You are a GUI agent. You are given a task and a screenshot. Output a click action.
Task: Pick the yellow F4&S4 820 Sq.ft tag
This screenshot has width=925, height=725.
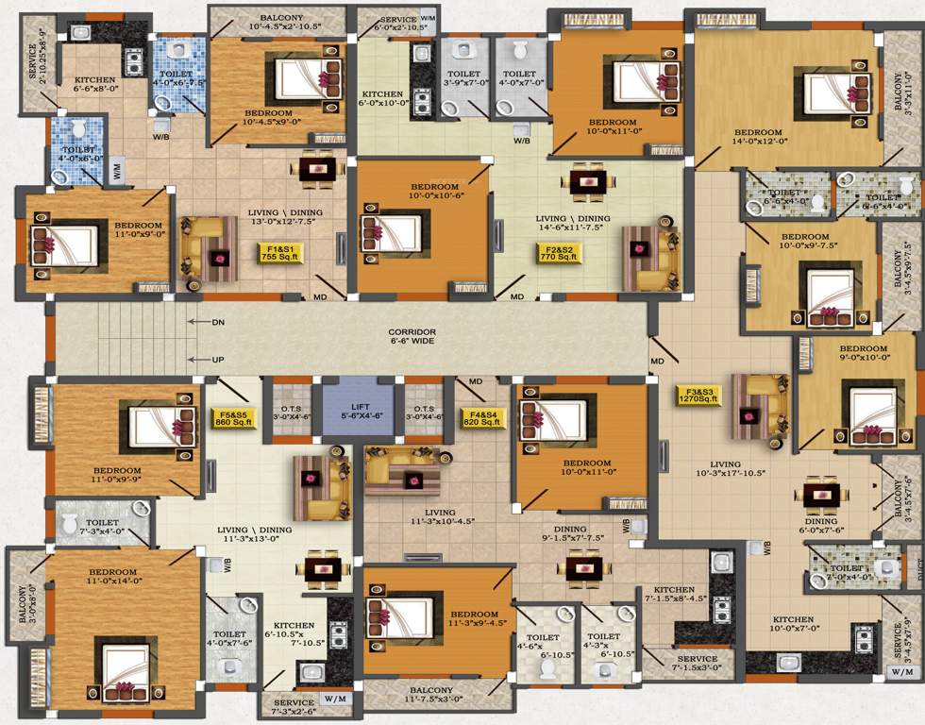click(480, 416)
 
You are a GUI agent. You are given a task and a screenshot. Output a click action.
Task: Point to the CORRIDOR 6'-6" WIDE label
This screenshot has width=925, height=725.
click(412, 337)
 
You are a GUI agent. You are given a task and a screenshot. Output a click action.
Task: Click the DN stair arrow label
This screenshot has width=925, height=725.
click(218, 323)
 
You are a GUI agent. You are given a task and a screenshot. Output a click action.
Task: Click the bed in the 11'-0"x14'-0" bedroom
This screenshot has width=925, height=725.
click(126, 665)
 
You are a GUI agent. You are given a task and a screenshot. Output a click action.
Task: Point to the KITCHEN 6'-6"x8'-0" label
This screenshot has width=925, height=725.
click(94, 85)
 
